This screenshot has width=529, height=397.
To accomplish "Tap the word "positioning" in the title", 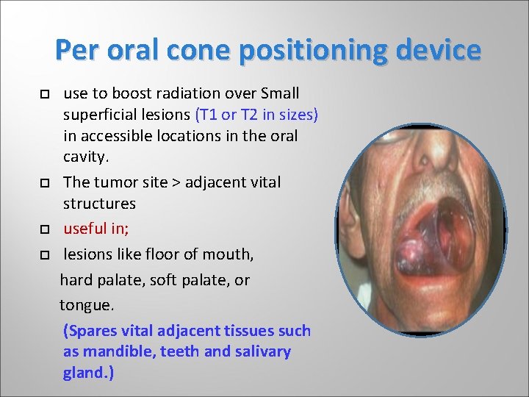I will [x=310, y=50].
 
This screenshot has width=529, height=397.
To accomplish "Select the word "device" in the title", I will [x=439, y=50].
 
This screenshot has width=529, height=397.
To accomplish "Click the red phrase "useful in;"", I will [x=96, y=229].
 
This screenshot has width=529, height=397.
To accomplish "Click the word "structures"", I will [x=99, y=203].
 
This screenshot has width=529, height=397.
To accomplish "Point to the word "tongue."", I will [x=87, y=304].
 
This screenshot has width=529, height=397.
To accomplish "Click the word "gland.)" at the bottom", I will [x=88, y=373].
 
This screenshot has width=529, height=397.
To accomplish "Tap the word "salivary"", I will [x=263, y=351].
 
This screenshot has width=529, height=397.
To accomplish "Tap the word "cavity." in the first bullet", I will [x=86, y=157].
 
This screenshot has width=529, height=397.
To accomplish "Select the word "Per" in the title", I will [x=76, y=50].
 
